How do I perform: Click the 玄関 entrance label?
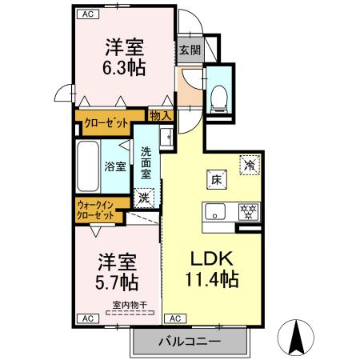tap(190, 50)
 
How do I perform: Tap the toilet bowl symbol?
tap(218, 98)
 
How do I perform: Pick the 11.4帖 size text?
tap(211, 280)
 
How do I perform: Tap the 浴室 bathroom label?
tap(114, 166)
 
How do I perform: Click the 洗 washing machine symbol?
tap(144, 197)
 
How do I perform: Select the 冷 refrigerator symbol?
tap(250, 166)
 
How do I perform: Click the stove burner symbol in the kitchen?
tap(249, 213)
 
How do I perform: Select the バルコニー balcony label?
tap(189, 342)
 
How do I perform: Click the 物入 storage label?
tap(161, 116)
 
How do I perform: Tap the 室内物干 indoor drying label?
tap(127, 304)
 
